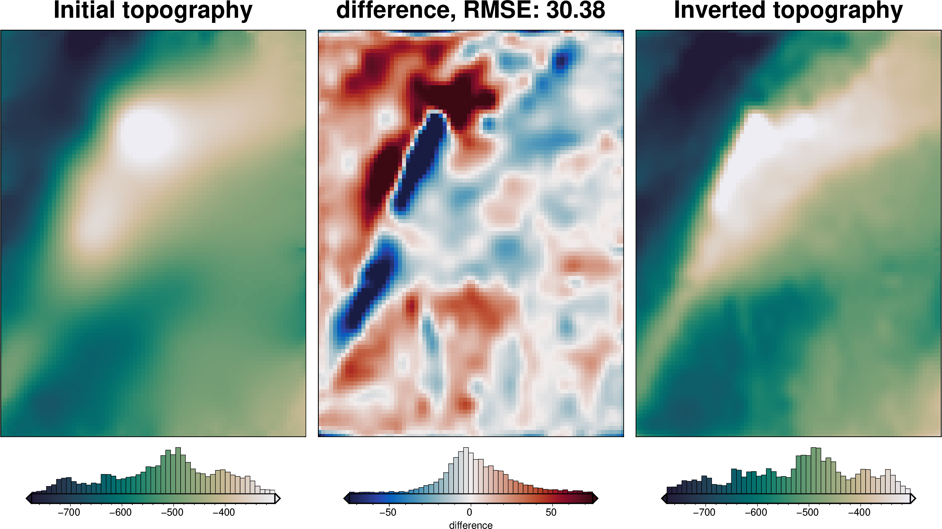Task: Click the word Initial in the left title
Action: (x=84, y=10)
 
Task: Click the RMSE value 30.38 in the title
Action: (x=575, y=10)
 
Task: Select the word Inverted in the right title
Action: (x=719, y=10)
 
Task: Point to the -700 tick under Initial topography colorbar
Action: (x=69, y=512)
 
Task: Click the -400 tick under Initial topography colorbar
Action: (x=224, y=512)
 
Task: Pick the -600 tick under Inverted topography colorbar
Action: (x=756, y=512)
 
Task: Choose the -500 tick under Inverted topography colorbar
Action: (x=808, y=512)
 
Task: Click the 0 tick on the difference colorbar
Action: (x=470, y=512)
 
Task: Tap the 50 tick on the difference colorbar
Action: (x=551, y=512)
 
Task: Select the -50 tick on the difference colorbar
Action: (x=388, y=512)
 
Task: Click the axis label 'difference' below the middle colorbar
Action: (x=471, y=525)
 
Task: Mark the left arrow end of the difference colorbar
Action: (x=346, y=498)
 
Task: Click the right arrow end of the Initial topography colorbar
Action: (x=278, y=498)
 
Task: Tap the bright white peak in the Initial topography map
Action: (x=146, y=133)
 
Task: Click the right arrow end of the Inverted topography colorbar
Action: (x=913, y=498)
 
